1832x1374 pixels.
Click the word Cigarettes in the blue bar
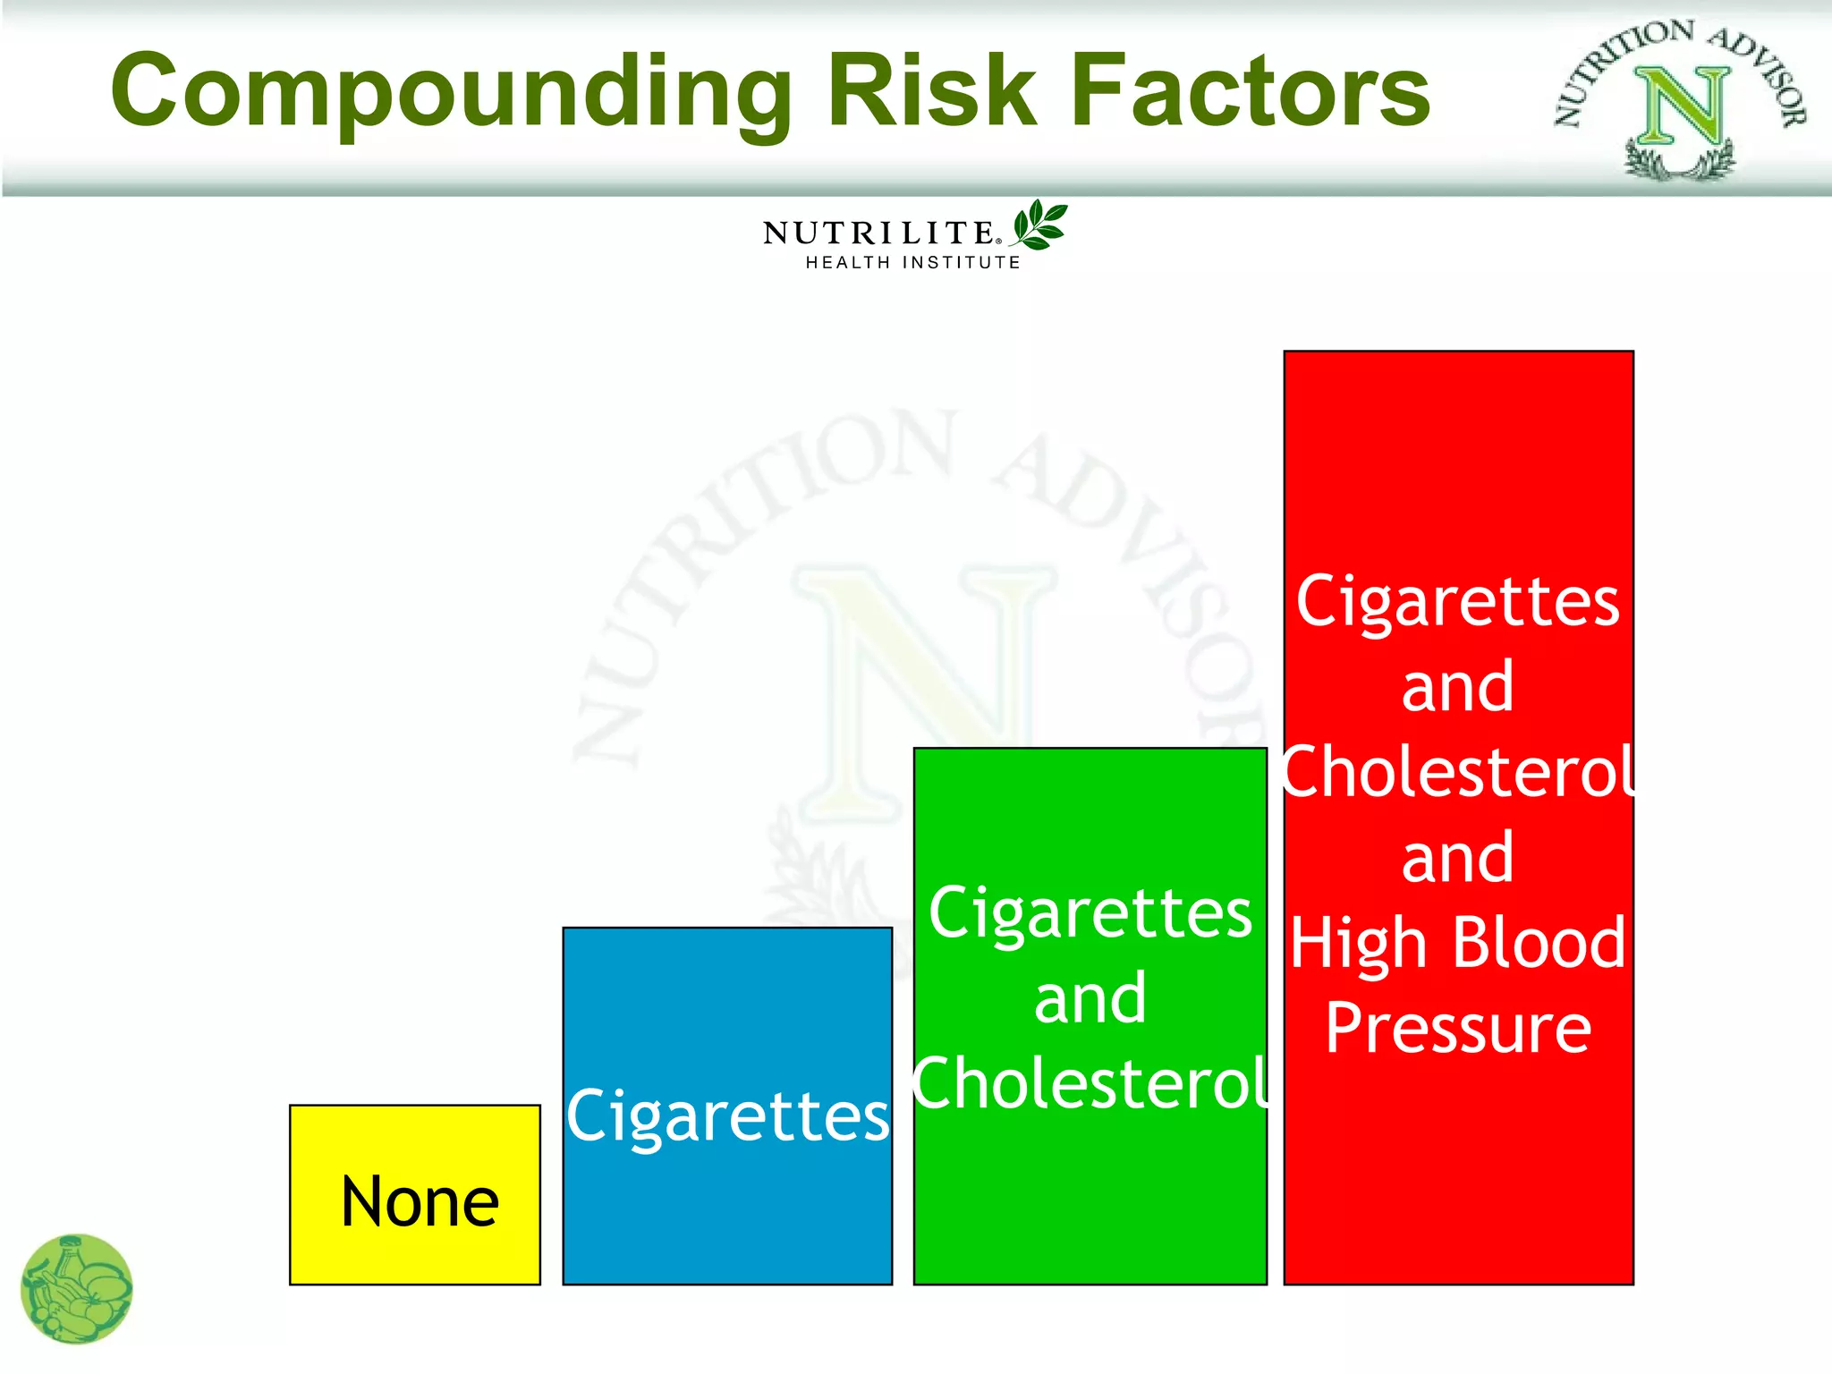[x=727, y=1116]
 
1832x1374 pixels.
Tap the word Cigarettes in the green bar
[x=1090, y=914]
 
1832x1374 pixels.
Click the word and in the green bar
[x=1090, y=999]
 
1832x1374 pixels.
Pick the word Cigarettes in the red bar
[x=1457, y=602]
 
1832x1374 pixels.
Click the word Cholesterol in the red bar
[x=1457, y=772]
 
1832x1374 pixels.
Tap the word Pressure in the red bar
[x=1457, y=1029]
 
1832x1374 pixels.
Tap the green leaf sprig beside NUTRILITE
[x=1039, y=225]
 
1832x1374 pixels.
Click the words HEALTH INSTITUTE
[x=912, y=263]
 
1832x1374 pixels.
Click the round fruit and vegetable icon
[x=77, y=1289]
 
